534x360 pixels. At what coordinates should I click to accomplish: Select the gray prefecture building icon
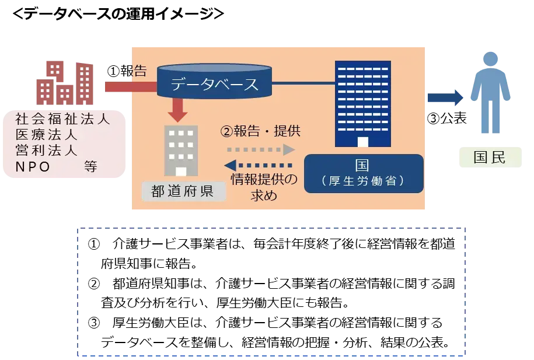[181, 151]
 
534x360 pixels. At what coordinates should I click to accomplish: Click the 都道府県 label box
[183, 191]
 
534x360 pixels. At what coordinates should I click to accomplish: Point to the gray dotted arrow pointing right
[261, 149]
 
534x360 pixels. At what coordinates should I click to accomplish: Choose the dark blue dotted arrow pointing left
[258, 166]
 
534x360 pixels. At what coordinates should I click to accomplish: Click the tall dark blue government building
[362, 104]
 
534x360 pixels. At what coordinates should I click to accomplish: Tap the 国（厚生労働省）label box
[364, 174]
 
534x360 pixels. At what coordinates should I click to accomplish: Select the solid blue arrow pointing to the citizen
[445, 98]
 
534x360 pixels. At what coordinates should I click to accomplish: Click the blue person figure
[490, 93]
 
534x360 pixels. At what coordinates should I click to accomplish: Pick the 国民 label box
[490, 158]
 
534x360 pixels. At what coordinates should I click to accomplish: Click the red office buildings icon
[65, 83]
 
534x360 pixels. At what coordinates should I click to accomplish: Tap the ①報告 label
[127, 71]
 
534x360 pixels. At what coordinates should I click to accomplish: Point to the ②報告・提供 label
[260, 131]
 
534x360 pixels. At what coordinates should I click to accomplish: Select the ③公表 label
[446, 118]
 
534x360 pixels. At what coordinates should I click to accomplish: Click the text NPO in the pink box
[33, 167]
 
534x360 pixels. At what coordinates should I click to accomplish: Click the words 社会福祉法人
[62, 119]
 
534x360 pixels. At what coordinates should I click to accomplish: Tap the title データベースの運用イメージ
[118, 13]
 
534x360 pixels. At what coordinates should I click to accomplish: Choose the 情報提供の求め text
[264, 187]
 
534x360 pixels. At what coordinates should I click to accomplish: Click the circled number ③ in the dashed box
[94, 323]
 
